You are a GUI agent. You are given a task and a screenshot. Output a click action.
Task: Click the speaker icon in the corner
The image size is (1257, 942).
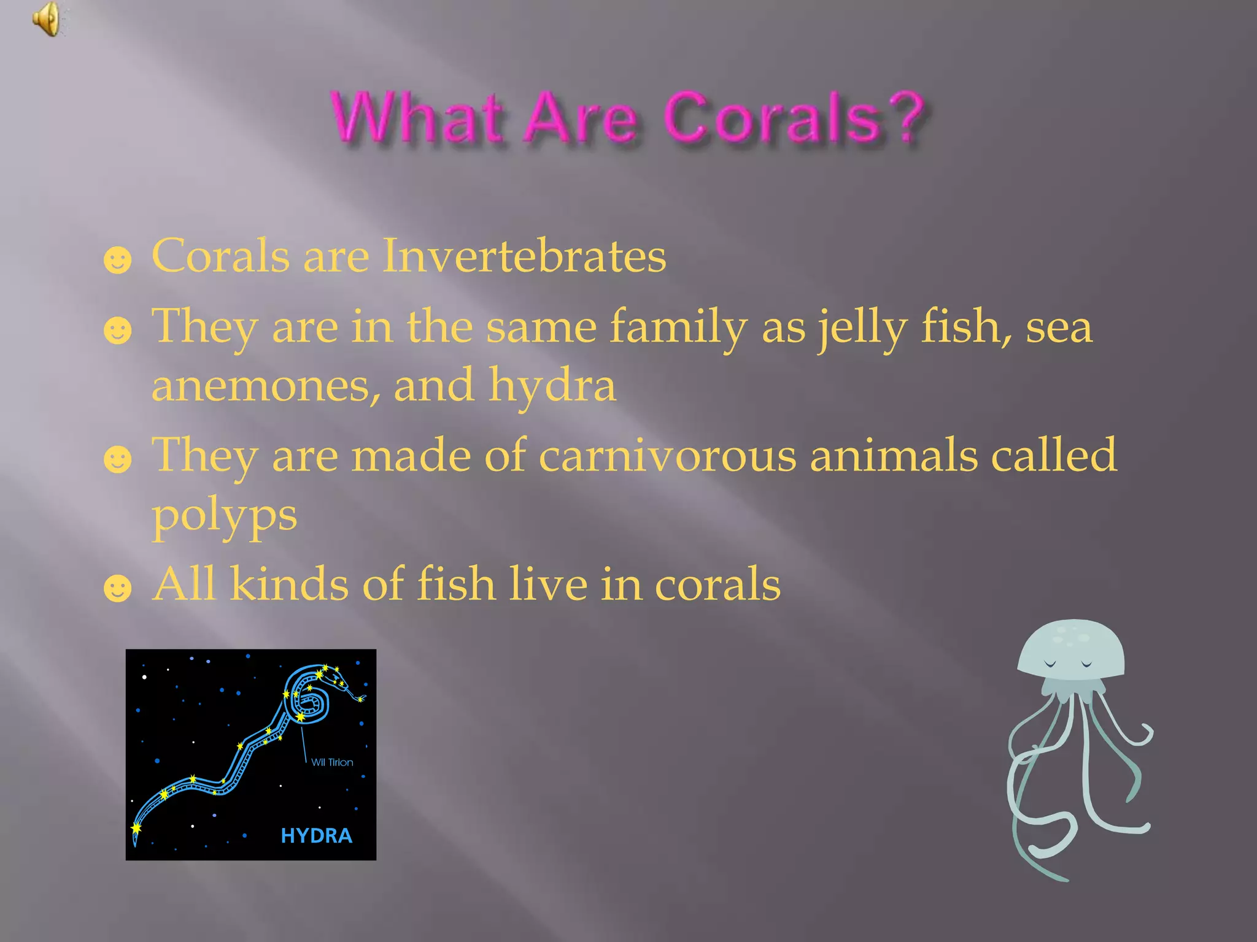pyautogui.click(x=47, y=19)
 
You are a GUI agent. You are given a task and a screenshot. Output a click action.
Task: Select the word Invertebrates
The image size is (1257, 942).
pyautogui.click(x=524, y=256)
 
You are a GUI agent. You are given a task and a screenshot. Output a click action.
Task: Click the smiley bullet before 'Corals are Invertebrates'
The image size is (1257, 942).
pyautogui.click(x=117, y=260)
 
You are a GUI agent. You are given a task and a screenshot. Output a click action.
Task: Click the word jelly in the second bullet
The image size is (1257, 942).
pyautogui.click(x=862, y=327)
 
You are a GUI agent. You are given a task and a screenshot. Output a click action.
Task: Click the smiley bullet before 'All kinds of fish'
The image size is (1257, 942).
pyautogui.click(x=117, y=589)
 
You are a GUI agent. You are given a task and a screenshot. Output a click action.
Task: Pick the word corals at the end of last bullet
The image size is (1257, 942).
pyautogui.click(x=717, y=584)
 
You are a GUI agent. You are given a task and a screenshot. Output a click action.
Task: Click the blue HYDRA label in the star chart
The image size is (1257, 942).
pyautogui.click(x=316, y=835)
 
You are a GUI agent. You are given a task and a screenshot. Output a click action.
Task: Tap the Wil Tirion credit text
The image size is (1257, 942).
pyautogui.click(x=332, y=762)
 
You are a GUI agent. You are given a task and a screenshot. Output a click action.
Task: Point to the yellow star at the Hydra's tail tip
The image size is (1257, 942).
pyautogui.click(x=136, y=829)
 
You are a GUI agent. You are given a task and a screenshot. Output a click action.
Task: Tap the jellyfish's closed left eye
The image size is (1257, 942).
pyautogui.click(x=1050, y=664)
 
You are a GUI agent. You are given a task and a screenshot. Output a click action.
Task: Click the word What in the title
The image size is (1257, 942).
pyautogui.click(x=417, y=118)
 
